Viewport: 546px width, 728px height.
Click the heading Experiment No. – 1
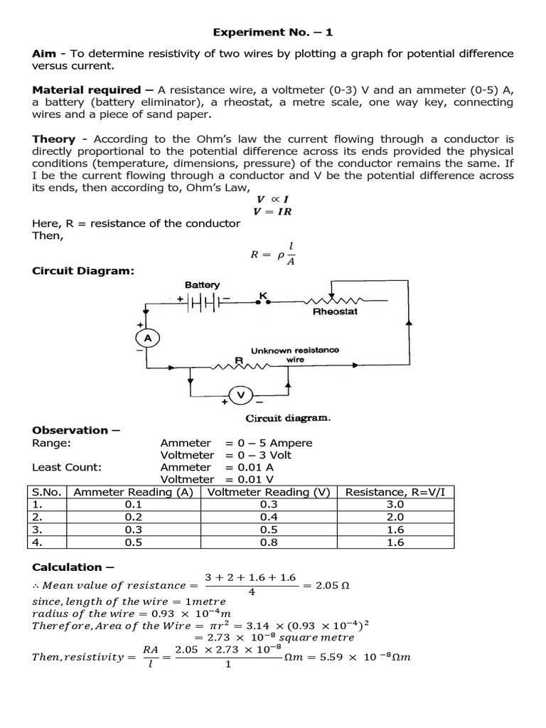click(272, 33)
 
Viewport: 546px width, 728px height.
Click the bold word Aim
click(44, 54)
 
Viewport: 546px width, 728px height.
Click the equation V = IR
click(272, 211)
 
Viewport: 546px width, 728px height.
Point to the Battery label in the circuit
click(203, 285)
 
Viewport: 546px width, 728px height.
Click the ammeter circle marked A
click(148, 339)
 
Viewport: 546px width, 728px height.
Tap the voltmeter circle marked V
click(241, 395)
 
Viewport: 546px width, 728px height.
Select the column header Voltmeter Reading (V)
click(269, 492)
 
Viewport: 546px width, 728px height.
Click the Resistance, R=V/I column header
click(395, 492)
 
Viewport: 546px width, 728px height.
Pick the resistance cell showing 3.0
click(395, 504)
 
